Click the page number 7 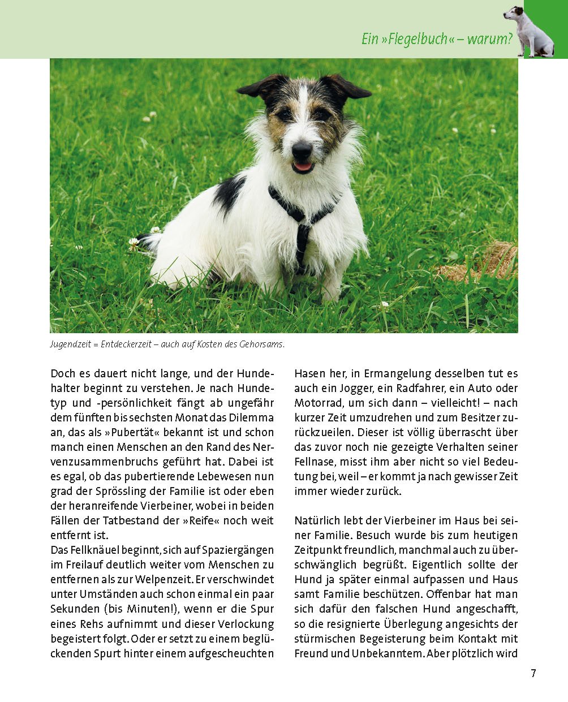point(533,673)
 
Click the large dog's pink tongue point(303,166)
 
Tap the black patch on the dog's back point(229,192)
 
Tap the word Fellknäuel point(97,550)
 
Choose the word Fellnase point(315,462)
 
